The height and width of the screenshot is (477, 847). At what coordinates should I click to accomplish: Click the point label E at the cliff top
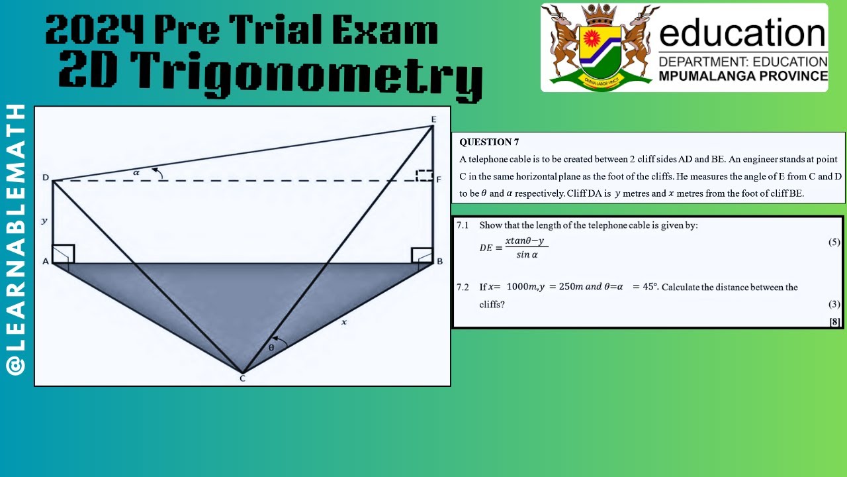click(433, 119)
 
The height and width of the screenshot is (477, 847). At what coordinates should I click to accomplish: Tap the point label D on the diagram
click(46, 178)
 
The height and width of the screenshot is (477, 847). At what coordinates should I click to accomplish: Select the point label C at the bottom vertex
click(242, 378)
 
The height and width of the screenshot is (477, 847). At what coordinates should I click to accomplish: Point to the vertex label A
click(46, 262)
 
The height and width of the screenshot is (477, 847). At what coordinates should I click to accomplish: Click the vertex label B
click(439, 262)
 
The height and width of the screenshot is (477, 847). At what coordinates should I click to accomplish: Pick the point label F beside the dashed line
click(439, 179)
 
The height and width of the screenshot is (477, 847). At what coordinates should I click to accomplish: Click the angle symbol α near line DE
click(136, 172)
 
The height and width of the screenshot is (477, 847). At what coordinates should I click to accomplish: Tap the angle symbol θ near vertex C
click(271, 347)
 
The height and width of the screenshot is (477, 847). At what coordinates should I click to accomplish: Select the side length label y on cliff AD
click(44, 220)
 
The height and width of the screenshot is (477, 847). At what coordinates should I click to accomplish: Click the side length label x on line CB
click(343, 322)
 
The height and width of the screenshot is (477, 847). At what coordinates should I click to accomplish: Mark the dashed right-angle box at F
click(424, 176)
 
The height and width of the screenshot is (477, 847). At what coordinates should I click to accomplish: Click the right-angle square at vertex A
click(64, 254)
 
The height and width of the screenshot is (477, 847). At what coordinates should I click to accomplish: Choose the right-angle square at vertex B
click(422, 255)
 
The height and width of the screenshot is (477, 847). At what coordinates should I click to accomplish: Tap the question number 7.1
click(463, 225)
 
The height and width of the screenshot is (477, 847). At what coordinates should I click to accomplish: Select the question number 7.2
click(463, 287)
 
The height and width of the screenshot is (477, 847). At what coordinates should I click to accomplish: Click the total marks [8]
click(834, 322)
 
